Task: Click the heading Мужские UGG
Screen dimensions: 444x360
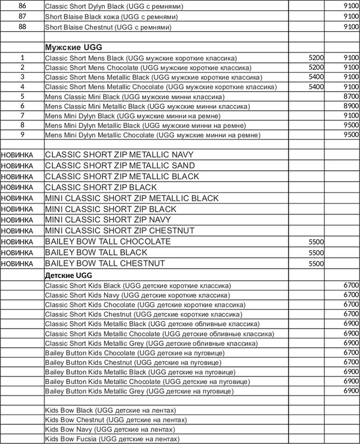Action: click(x=73, y=47)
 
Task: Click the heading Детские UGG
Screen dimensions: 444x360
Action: click(x=69, y=275)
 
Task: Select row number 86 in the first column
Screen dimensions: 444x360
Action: click(x=22, y=6)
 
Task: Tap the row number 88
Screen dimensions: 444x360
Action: click(x=22, y=27)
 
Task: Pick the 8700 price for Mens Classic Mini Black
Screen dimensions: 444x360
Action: click(x=351, y=96)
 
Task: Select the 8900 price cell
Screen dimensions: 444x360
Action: click(x=351, y=106)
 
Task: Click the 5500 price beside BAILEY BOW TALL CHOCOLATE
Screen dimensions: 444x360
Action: click(x=316, y=242)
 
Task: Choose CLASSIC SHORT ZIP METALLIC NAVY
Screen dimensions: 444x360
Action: click(x=119, y=155)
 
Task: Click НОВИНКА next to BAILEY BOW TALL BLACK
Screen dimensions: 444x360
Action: click(x=17, y=253)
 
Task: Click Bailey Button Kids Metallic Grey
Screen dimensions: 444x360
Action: click(x=139, y=392)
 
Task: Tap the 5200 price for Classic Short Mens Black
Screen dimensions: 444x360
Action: click(x=316, y=58)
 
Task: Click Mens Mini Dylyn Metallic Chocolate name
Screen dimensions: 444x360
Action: click(x=153, y=136)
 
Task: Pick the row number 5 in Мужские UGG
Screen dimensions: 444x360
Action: click(x=22, y=96)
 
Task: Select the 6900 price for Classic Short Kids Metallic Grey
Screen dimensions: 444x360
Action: click(x=351, y=343)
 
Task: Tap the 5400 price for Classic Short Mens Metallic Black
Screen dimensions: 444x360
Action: click(x=316, y=77)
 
